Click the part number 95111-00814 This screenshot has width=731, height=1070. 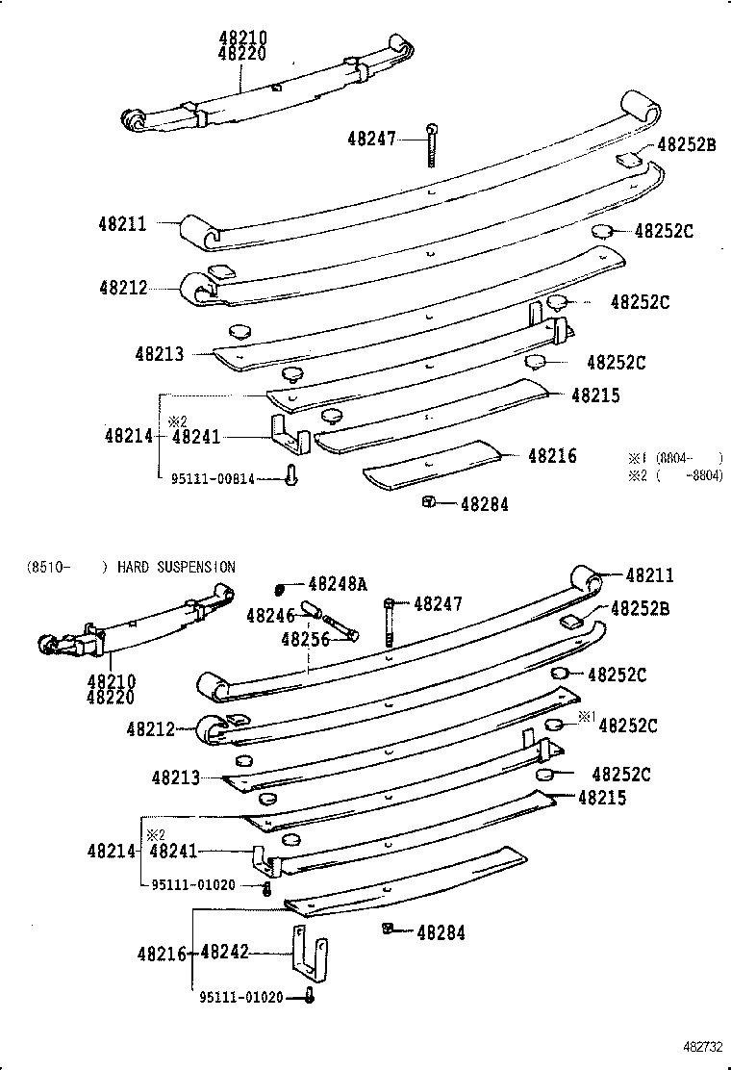(213, 479)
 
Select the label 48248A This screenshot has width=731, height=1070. (338, 584)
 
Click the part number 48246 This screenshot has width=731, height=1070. (270, 615)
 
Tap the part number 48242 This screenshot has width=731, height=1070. (225, 953)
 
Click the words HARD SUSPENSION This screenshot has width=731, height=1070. (176, 567)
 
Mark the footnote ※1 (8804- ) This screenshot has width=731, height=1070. (674, 458)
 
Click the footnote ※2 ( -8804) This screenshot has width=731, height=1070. (674, 475)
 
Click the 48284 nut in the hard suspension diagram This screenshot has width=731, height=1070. (387, 929)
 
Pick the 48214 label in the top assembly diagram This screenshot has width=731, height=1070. (128, 436)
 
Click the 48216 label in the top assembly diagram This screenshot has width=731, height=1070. (552, 455)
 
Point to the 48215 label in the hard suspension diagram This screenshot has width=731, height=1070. (602, 798)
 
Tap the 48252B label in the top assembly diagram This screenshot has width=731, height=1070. (687, 145)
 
